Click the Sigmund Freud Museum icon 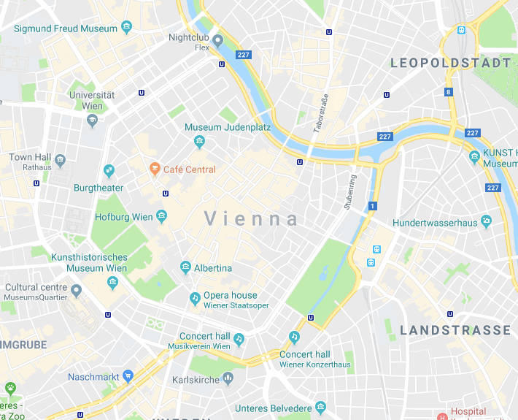tap(127, 28)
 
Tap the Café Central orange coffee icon tap(154, 169)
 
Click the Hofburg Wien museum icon tap(162, 217)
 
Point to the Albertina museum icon tap(186, 268)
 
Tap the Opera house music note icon tap(194, 298)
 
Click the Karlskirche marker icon tap(228, 378)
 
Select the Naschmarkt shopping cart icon tap(128, 377)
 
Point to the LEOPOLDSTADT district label tap(451, 64)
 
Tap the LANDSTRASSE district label tap(455, 331)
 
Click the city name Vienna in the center tap(252, 219)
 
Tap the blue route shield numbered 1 tap(372, 207)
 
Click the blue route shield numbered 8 tap(448, 92)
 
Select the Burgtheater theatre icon tap(109, 171)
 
